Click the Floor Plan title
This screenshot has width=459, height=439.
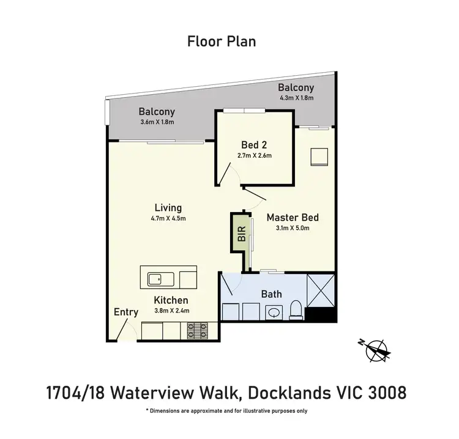(221, 42)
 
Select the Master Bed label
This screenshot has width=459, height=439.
(293, 217)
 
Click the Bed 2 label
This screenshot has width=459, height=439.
(253, 145)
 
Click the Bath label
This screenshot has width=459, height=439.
(271, 294)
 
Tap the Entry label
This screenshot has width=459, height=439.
(126, 312)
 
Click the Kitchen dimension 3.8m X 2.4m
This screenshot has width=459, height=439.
(171, 311)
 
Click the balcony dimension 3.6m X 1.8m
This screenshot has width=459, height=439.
(157, 122)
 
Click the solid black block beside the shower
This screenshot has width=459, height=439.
(321, 315)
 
